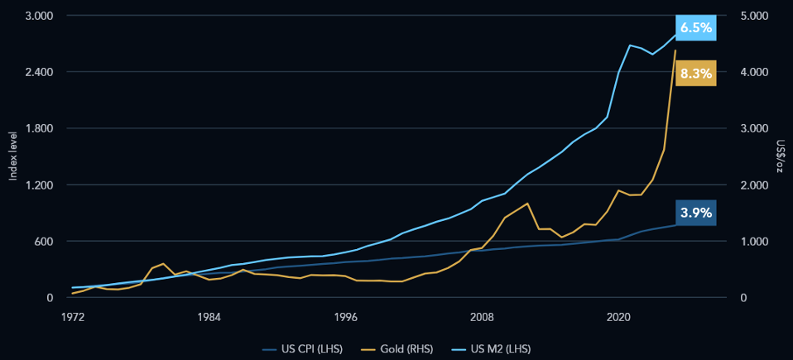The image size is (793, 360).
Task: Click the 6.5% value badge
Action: [695, 28]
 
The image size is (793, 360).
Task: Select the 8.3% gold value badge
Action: [695, 74]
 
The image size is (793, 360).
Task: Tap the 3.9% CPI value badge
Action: [695, 213]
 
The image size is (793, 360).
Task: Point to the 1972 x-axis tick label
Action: [73, 316]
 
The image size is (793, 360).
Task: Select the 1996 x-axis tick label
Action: [345, 316]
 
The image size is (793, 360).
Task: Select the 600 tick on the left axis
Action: [43, 242]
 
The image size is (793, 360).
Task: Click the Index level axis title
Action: [13, 156]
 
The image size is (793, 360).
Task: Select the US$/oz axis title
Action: [780, 156]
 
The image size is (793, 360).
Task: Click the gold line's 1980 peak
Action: [164, 263]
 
